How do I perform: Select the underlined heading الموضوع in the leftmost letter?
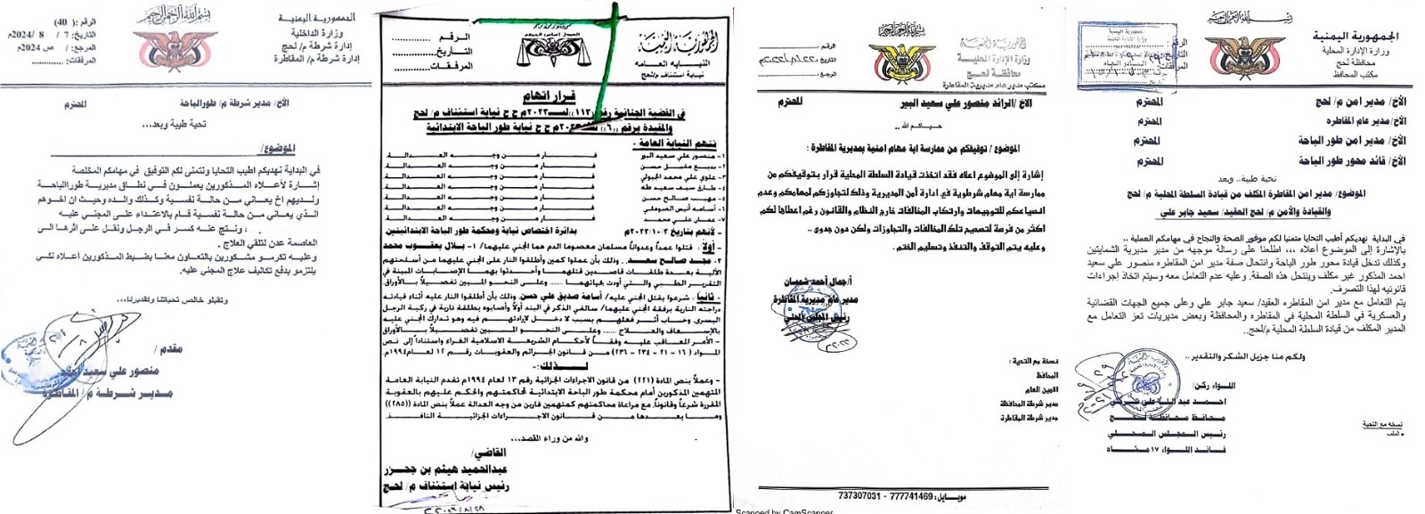(x=277, y=148)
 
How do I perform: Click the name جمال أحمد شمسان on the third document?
(x=810, y=281)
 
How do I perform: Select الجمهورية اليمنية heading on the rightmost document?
(x=1355, y=37)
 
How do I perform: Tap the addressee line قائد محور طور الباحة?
(x=1351, y=161)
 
